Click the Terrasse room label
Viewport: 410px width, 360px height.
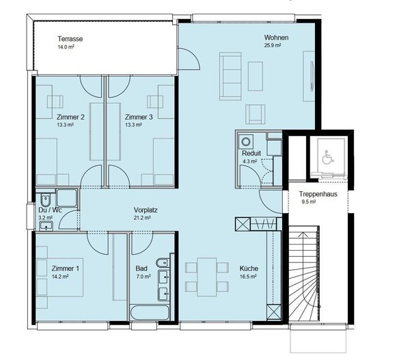coord(70,39)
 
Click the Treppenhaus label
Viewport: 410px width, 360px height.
coord(317,193)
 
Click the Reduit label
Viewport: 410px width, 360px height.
coord(251,154)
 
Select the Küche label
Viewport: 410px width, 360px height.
coord(247,268)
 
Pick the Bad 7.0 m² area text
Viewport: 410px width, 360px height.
coord(143,277)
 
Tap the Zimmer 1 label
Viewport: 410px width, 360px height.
coord(66,268)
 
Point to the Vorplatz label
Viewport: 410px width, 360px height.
coord(146,210)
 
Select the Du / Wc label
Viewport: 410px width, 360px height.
coord(50,210)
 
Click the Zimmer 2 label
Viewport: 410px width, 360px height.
coord(70,117)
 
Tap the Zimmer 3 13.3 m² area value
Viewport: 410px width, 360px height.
coord(133,125)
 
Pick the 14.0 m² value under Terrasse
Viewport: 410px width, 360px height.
coord(66,48)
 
